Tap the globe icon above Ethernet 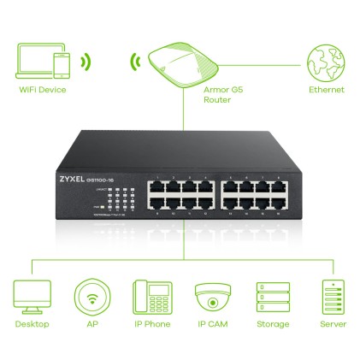328,62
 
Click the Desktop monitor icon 32,298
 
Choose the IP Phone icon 151,298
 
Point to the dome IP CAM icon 211,298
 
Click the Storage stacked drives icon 272,298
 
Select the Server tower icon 331,298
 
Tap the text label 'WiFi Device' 41,90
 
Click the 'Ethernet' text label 328,90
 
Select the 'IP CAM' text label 211,324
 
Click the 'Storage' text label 272,324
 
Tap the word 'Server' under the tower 331,324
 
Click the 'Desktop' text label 32,324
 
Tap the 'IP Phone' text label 151,324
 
